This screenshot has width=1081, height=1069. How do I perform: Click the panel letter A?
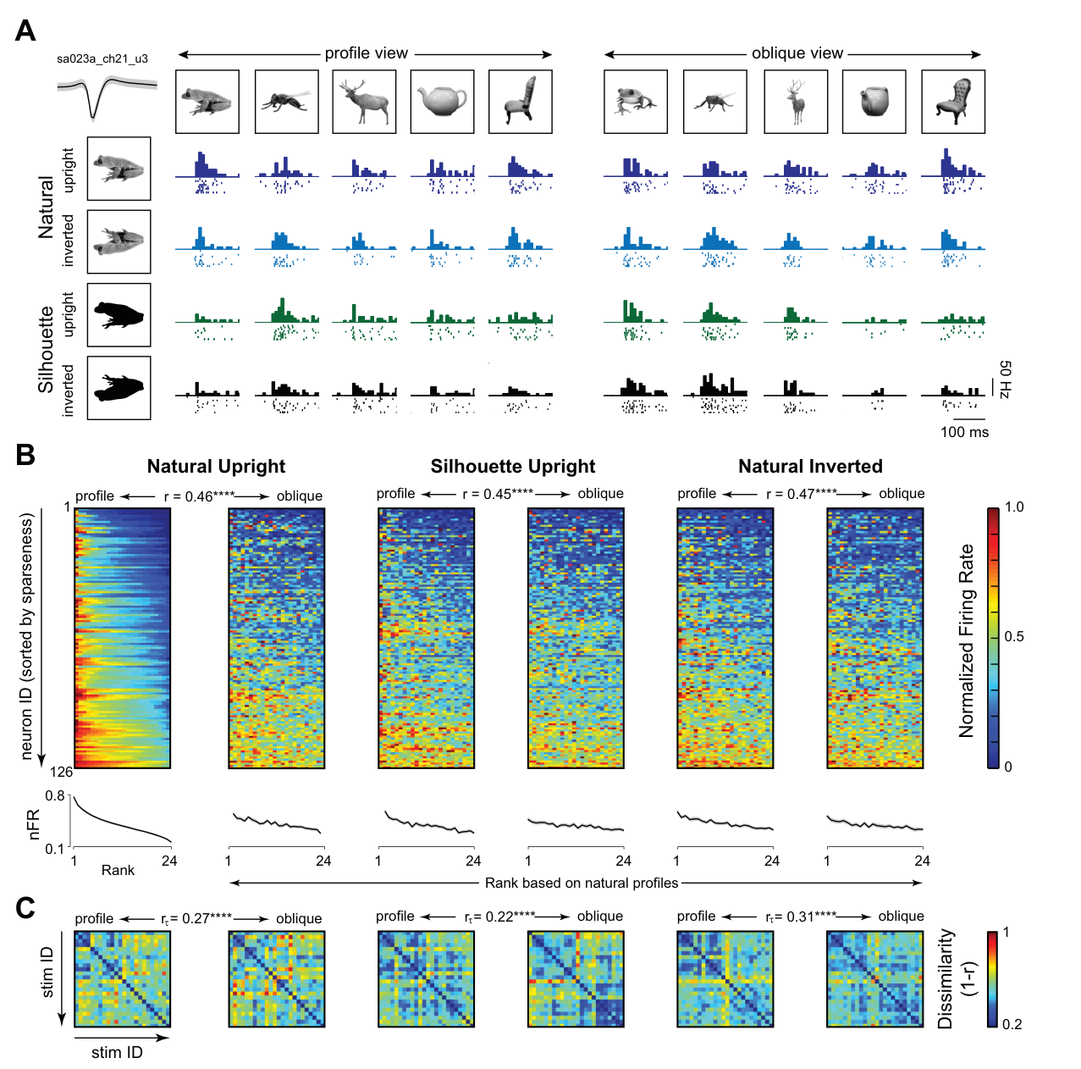(25, 30)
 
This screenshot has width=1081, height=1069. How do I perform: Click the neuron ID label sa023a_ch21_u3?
(102, 59)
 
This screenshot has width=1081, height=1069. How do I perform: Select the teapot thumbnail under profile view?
(442, 102)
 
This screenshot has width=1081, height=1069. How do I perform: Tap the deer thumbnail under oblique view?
(796, 102)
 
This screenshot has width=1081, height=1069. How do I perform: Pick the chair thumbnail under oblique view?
(953, 102)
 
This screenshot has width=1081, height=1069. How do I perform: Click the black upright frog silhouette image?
(119, 315)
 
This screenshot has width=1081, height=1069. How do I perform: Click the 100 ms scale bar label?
(964, 432)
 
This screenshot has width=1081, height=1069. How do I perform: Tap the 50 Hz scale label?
(1006, 380)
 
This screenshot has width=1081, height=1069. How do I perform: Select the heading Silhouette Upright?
(513, 467)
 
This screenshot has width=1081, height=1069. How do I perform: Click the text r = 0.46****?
(198, 496)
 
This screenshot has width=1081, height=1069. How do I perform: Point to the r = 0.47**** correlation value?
(801, 494)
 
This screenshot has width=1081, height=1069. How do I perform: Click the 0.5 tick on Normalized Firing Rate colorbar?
(1013, 637)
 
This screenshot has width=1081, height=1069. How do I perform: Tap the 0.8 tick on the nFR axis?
(55, 795)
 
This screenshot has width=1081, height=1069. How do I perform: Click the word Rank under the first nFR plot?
(118, 870)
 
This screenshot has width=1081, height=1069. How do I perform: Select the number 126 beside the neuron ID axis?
(61, 772)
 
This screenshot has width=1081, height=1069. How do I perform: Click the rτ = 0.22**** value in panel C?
(499, 917)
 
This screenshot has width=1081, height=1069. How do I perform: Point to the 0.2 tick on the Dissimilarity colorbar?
(1012, 1025)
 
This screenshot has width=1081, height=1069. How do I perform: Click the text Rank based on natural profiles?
(582, 883)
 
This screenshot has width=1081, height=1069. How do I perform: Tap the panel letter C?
(25, 908)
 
